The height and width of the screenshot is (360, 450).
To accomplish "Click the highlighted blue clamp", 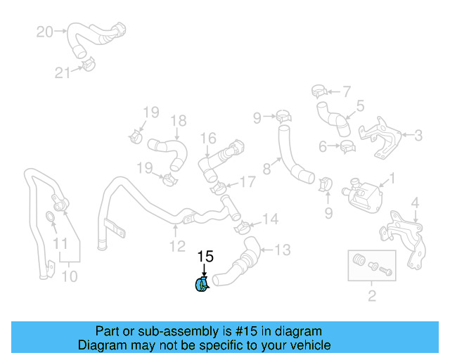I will point(200,285).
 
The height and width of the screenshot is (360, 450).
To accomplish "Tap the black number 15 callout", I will point(205,257).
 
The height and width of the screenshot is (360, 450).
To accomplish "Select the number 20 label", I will point(44,32).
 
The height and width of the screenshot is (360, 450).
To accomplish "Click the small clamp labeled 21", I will point(88,66).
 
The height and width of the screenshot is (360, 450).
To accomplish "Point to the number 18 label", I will point(178,120).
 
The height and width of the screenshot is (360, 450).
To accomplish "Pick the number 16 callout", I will point(209,138).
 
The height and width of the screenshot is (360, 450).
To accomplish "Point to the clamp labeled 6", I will point(347,147).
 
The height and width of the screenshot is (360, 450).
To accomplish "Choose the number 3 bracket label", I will point(418,135).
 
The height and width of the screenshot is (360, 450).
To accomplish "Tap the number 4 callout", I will point(415,203).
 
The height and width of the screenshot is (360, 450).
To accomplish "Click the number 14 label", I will point(270,219).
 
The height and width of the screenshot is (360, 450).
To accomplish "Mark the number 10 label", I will point(69,276).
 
